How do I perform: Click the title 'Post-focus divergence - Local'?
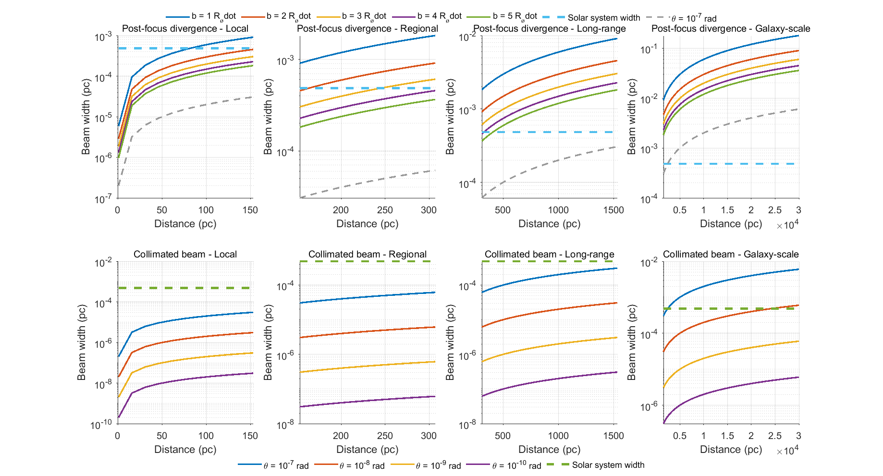(185, 28)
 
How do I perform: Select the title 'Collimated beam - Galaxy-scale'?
(731, 254)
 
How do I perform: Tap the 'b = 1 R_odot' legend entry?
(201, 16)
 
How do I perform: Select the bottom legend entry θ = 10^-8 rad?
(351, 465)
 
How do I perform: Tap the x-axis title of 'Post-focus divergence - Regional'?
(367, 224)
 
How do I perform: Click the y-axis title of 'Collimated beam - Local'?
(82, 342)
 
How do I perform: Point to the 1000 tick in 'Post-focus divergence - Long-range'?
(558, 210)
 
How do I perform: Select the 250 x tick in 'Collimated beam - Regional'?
(385, 436)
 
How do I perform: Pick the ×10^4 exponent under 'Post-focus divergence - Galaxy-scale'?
(787, 225)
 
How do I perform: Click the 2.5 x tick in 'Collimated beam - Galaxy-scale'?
(774, 436)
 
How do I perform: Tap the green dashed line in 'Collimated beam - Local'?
(185, 288)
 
